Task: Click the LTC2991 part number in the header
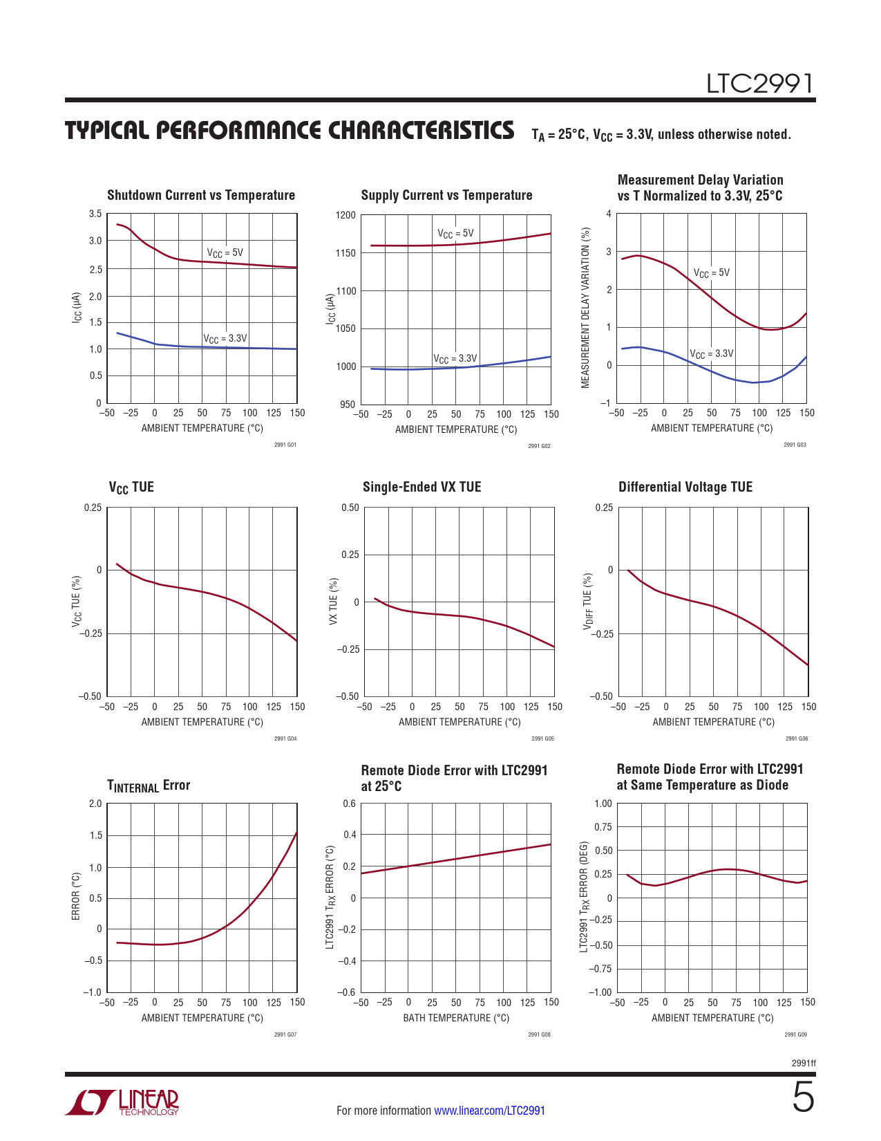pyautogui.click(x=759, y=84)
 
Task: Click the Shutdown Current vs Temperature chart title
pyautogui.click(x=201, y=196)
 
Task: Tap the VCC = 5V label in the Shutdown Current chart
pyautogui.click(x=225, y=253)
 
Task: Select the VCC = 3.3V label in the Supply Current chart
pyautogui.click(x=455, y=359)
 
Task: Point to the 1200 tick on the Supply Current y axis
pyautogui.click(x=345, y=215)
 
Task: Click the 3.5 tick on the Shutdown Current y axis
pyautogui.click(x=95, y=214)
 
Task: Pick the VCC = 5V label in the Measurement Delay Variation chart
pyautogui.click(x=712, y=273)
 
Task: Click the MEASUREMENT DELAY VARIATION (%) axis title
pyautogui.click(x=586, y=308)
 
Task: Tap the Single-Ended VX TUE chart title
pyautogui.click(x=421, y=487)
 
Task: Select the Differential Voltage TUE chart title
pyautogui.click(x=685, y=487)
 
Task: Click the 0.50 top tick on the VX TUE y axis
pyautogui.click(x=350, y=508)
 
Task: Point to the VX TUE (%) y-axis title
pyautogui.click(x=333, y=602)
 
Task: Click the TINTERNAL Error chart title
pyautogui.click(x=149, y=786)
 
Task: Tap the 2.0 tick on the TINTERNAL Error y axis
pyautogui.click(x=95, y=804)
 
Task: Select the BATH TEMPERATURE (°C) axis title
pyautogui.click(x=456, y=1018)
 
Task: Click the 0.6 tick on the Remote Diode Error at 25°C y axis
pyautogui.click(x=350, y=804)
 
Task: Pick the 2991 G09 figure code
pyautogui.click(x=795, y=1035)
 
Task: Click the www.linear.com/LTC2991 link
pyautogui.click(x=489, y=1111)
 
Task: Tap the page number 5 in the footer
pyautogui.click(x=803, y=1097)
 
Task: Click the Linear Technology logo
pyautogui.click(x=122, y=1102)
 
